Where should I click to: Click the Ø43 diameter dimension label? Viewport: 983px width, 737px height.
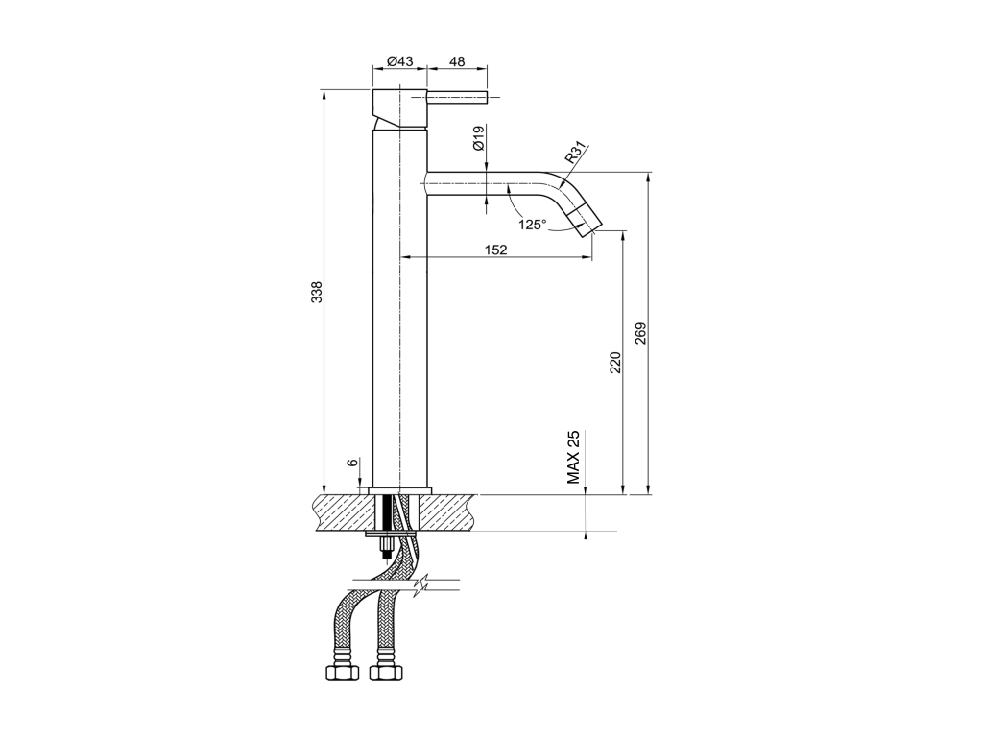point(400,61)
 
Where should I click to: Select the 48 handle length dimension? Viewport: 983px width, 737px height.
point(458,61)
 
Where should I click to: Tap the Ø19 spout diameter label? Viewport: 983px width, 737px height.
point(479,138)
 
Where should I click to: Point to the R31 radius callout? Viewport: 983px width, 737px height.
point(576,153)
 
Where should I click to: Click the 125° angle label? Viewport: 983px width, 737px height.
point(533,224)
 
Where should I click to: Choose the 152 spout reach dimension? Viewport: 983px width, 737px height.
point(496,250)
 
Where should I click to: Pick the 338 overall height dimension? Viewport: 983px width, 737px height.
point(317,292)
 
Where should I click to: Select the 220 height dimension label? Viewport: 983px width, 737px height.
point(615,363)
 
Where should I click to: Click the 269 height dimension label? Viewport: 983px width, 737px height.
point(640,333)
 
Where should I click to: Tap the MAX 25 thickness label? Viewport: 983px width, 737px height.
point(574,458)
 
